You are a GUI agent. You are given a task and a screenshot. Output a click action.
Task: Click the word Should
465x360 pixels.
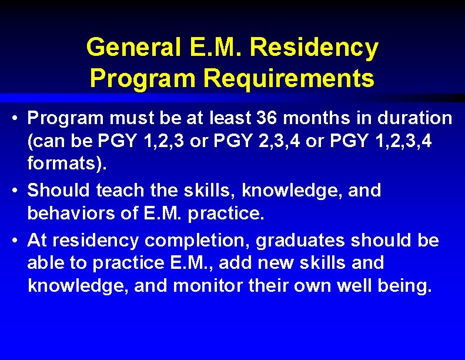[x=58, y=190]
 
